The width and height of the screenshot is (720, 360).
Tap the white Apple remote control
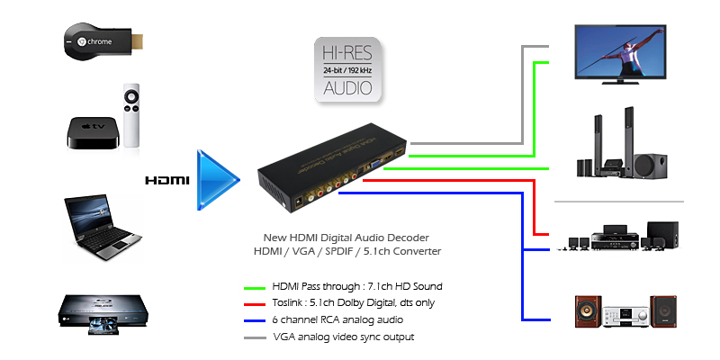132,115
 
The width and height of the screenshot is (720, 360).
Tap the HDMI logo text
167,181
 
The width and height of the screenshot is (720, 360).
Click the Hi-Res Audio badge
347,68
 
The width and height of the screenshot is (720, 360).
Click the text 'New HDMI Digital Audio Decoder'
346,236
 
